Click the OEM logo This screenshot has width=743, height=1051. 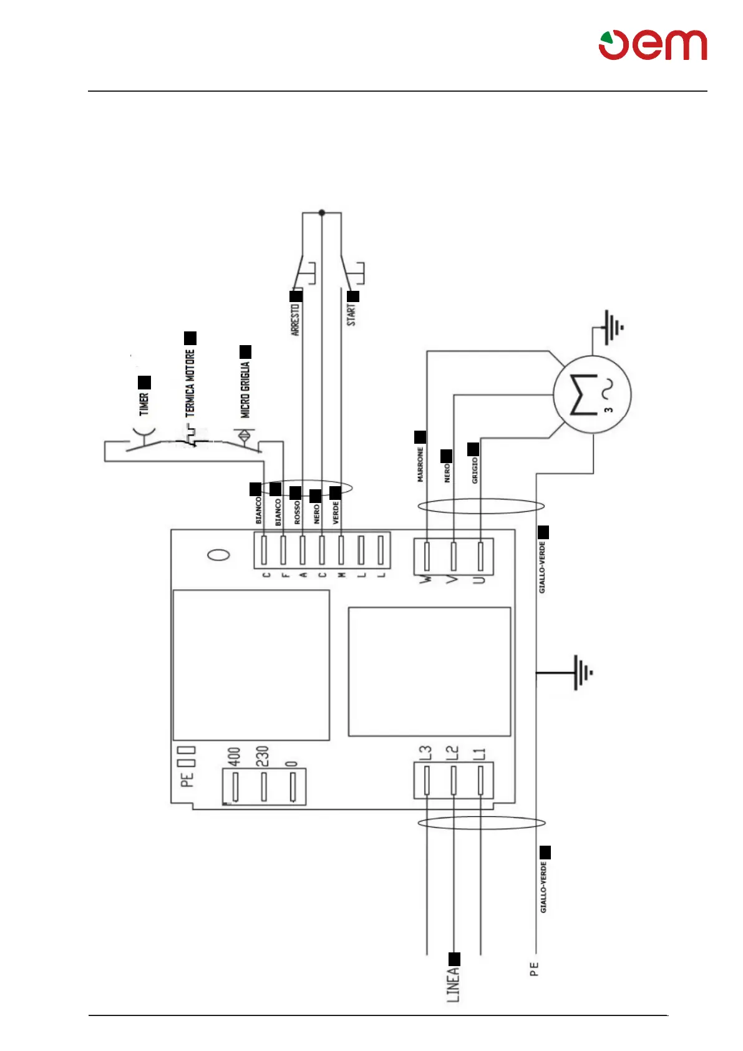[x=653, y=45]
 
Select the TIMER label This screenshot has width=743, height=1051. [x=144, y=404]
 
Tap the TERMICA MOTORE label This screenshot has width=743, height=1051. [x=190, y=383]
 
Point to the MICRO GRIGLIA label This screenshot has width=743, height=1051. [x=245, y=390]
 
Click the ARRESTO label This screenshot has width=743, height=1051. [x=296, y=319]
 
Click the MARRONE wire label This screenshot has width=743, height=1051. [x=420, y=464]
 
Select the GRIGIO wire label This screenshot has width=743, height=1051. [x=475, y=470]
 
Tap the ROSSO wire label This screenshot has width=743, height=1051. [x=298, y=512]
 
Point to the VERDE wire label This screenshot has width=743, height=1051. [x=336, y=512]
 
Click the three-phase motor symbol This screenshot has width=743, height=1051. [x=592, y=394]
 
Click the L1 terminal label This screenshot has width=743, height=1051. [x=480, y=753]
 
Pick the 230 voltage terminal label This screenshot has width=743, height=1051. [x=262, y=756]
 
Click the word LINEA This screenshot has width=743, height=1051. [x=454, y=984]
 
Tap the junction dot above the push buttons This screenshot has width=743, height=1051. [x=322, y=213]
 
